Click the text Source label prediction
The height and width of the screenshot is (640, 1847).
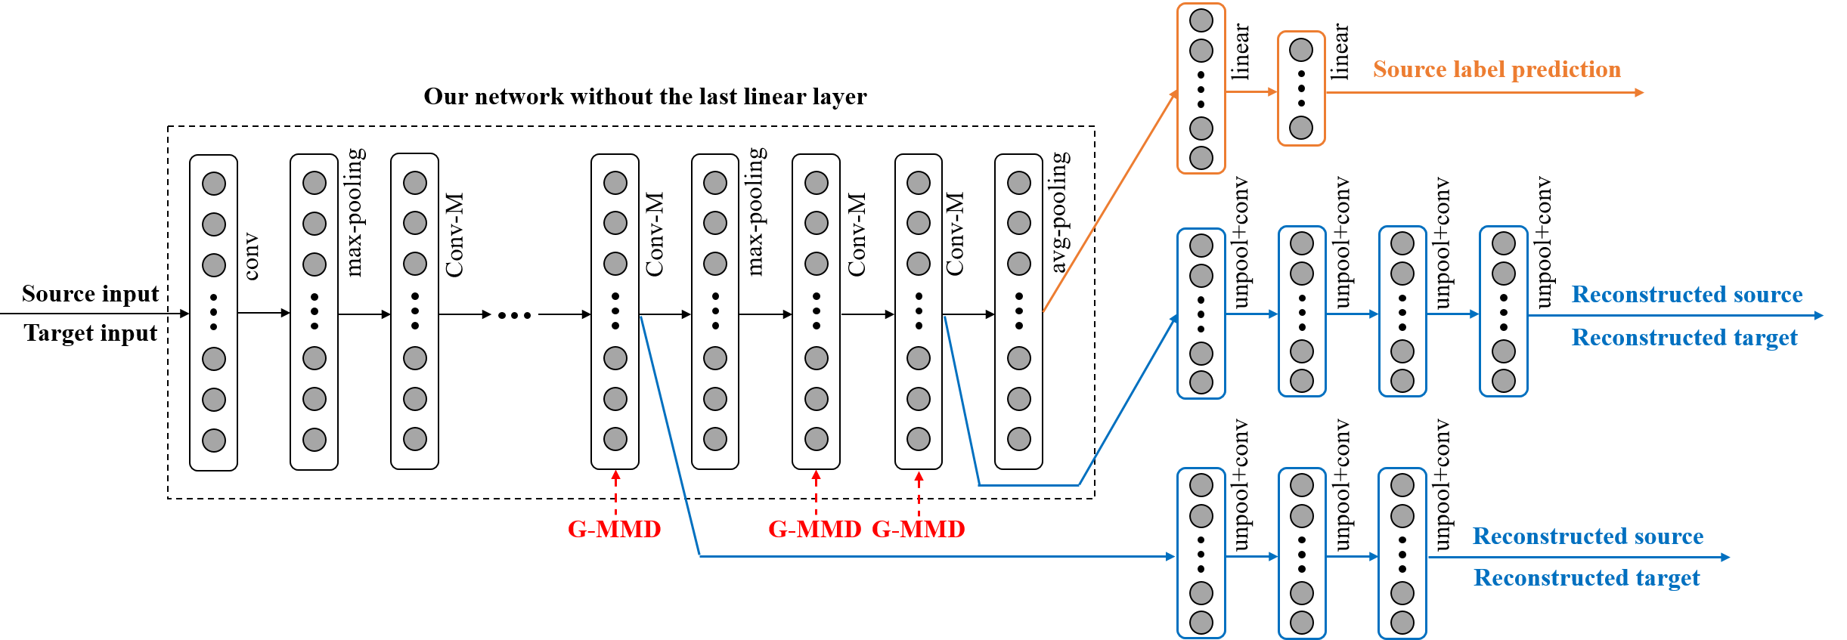point(1496,70)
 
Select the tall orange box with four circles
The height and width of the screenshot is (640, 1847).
point(1201,88)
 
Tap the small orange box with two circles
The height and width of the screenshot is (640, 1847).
point(1300,88)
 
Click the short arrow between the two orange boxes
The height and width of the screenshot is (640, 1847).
point(1250,91)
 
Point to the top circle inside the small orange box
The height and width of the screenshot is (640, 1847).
point(1300,51)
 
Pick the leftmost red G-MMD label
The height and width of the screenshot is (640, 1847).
point(614,529)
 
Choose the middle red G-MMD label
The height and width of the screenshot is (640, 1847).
point(814,529)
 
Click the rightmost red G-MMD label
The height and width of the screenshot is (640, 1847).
point(918,529)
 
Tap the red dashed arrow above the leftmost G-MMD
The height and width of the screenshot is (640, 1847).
point(615,491)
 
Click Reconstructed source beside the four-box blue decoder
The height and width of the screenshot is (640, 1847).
point(1687,294)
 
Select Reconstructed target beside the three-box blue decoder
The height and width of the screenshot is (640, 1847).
point(1586,578)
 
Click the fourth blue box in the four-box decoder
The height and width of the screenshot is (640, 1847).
point(1503,311)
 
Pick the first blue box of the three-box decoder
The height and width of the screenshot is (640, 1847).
point(1201,553)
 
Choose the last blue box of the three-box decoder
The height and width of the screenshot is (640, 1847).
point(1402,553)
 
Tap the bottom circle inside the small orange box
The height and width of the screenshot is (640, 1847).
point(1300,127)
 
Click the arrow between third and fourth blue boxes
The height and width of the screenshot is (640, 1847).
point(1452,314)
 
